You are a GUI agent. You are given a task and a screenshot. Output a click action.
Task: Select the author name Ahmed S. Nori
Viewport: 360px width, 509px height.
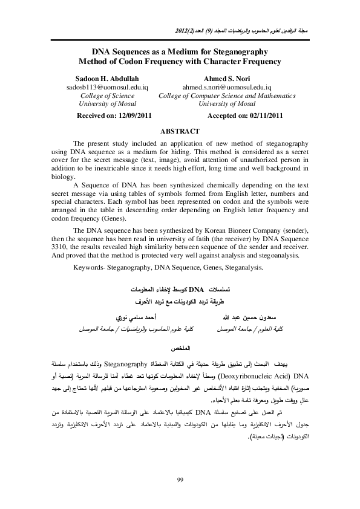point(227,79)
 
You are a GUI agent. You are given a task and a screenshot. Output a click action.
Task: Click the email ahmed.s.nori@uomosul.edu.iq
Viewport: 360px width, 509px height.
point(227,87)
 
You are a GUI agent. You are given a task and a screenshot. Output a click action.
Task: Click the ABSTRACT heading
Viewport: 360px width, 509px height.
point(180,131)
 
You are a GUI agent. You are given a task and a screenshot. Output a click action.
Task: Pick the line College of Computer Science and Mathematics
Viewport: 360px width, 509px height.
point(227,96)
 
